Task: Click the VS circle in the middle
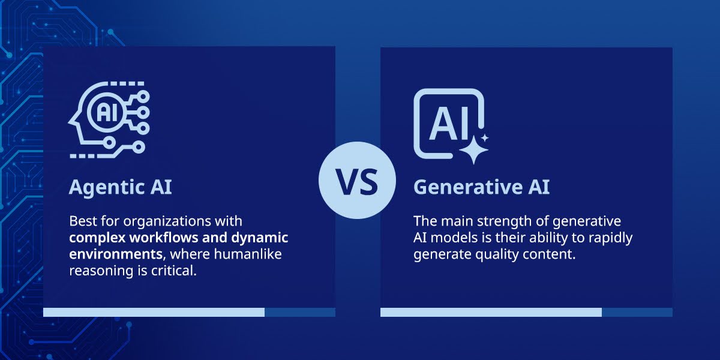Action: pos(357,181)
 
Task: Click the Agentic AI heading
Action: pos(121,187)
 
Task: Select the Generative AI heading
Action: pos(481,187)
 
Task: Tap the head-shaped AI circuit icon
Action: pos(109,120)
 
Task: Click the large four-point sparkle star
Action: pos(473,150)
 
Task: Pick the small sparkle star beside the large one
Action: pos(485,138)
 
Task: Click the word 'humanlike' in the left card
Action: pos(248,254)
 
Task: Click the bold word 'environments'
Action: pos(116,254)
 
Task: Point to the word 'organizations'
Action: pos(167,222)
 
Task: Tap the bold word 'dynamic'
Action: pos(260,238)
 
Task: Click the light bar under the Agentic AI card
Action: pos(154,312)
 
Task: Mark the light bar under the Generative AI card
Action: pos(491,312)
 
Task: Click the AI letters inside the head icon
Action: pos(107,112)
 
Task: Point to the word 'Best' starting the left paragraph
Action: pos(83,221)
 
